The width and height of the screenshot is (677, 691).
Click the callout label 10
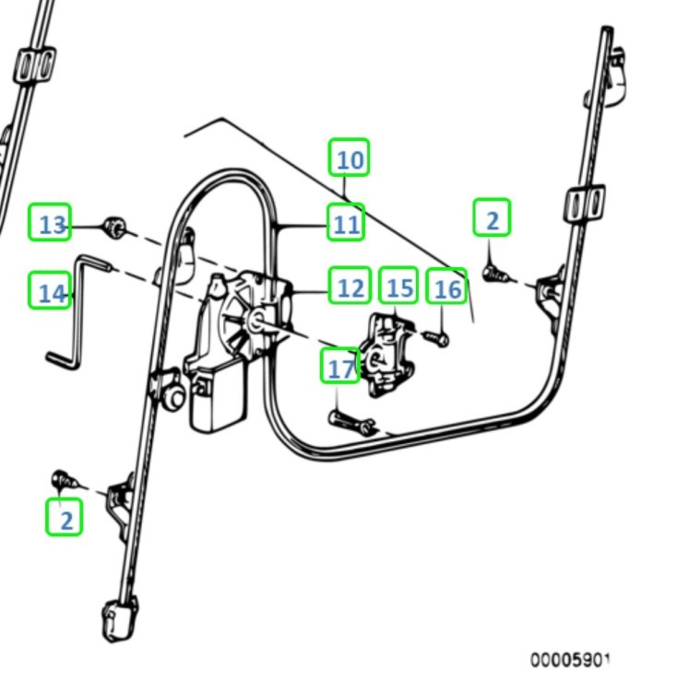350,158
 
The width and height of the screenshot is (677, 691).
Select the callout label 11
346,222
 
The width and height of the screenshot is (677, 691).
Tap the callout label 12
350,287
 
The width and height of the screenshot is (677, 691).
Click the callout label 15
398,287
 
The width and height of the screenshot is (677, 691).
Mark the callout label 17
340,367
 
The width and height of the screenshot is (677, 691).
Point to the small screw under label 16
438,340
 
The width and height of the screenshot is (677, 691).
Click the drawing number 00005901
569,660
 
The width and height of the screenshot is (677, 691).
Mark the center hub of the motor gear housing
255,320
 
